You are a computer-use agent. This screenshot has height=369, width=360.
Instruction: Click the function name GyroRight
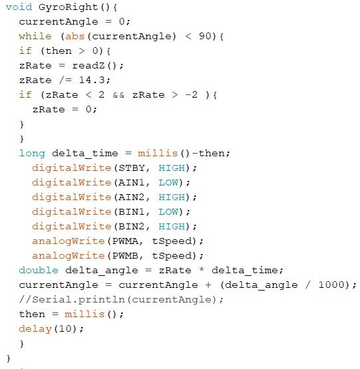tap(68, 7)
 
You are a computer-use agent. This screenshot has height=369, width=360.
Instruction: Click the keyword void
tap(19, 7)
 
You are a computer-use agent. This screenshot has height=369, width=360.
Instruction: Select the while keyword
tap(35, 37)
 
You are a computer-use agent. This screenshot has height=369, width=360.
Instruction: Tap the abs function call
tap(75, 37)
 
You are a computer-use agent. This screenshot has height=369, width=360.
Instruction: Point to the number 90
tap(205, 37)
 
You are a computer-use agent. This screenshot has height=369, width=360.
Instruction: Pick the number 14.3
tap(92, 80)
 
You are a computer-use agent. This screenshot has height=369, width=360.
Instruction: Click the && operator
tap(118, 95)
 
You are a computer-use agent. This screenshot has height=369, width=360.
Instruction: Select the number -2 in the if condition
tap(192, 94)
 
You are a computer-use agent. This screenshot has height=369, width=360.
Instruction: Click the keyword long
tap(32, 154)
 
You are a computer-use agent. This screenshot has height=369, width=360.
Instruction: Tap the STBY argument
tap(132, 168)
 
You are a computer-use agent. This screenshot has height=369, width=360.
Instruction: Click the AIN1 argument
tap(132, 183)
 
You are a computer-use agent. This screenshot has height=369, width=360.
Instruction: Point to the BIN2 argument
tap(132, 227)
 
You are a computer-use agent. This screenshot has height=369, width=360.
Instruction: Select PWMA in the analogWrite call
tap(125, 241)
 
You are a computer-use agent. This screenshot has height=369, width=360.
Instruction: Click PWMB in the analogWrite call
tap(125, 255)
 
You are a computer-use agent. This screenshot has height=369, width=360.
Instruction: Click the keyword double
tap(39, 270)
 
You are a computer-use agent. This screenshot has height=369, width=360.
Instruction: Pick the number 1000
tap(332, 285)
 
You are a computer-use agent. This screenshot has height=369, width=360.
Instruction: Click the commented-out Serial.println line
tap(121, 300)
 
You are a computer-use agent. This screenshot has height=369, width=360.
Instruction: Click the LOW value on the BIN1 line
tap(168, 212)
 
